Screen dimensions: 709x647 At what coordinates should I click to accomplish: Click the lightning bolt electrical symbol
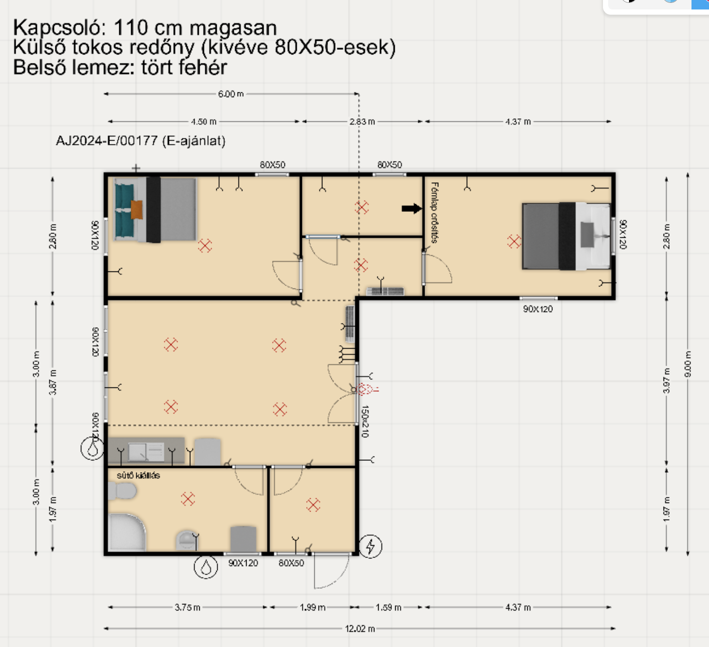point(370,546)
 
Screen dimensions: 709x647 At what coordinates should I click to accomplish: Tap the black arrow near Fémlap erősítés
point(412,208)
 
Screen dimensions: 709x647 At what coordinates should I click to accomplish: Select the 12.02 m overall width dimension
point(360,629)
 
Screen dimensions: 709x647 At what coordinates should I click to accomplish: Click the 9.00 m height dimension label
point(688,364)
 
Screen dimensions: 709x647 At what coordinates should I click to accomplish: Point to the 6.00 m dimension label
point(231,94)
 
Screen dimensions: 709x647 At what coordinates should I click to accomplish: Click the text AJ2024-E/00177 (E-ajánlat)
point(141,141)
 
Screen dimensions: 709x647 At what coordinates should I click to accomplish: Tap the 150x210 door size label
point(365,422)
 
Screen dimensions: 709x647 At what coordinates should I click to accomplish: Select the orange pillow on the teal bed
point(137,209)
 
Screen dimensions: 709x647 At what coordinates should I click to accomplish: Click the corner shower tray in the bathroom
point(127,533)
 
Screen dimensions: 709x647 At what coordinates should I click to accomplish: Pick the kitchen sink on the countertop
point(146,452)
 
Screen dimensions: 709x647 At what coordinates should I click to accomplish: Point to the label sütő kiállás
point(138,476)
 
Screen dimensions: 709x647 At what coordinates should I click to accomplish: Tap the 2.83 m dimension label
point(362,122)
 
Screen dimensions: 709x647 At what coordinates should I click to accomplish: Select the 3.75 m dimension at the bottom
point(187,607)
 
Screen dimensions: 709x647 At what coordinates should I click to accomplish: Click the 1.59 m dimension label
point(389,607)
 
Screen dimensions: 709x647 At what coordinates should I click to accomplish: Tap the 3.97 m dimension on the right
point(666,381)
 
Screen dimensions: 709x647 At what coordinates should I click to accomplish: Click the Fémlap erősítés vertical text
point(435,213)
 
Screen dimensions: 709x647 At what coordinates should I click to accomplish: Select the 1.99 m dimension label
point(312,607)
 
